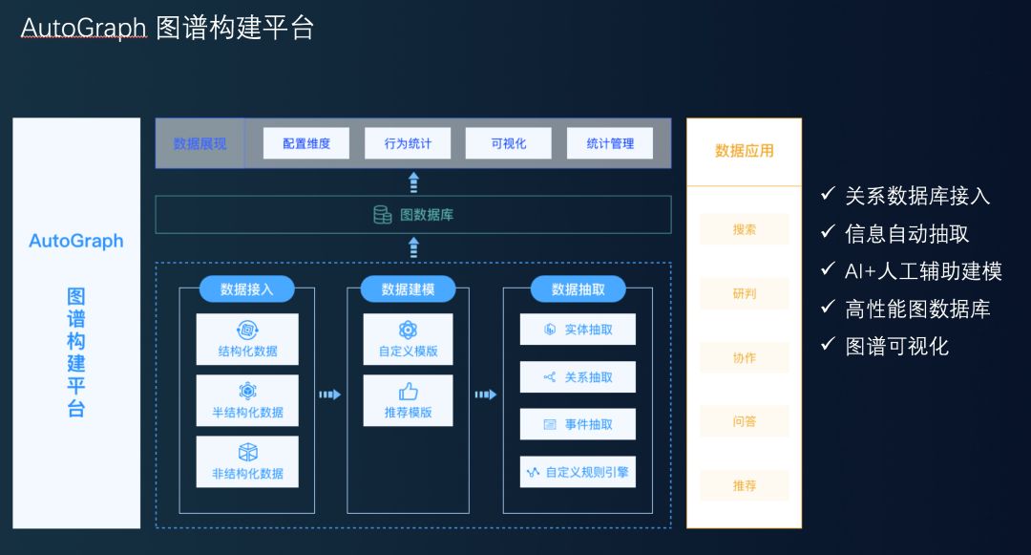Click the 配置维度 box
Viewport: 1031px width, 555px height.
point(306,143)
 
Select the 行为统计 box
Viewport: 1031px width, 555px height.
point(408,143)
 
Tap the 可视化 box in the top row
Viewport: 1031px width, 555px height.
point(509,143)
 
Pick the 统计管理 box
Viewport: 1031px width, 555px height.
point(610,143)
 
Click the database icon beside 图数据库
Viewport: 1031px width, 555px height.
point(383,215)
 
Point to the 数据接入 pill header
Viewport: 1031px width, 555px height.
point(246,289)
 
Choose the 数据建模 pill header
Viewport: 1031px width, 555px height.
point(408,289)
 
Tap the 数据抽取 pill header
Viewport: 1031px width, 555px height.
point(578,289)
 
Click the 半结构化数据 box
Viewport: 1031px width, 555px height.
point(247,401)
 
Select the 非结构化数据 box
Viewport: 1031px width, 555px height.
point(247,462)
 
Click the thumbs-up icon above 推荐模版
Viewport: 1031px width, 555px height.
point(409,392)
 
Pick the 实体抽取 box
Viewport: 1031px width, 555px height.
point(578,330)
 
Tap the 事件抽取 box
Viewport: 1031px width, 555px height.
point(578,424)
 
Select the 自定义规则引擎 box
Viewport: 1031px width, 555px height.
point(578,472)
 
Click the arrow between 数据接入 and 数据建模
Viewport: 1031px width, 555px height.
point(329,395)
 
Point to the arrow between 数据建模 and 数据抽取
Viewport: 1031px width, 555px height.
point(486,395)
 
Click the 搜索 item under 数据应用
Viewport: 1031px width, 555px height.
point(745,229)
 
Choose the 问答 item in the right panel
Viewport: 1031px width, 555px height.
point(745,421)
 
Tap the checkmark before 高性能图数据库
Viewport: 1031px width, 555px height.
point(828,309)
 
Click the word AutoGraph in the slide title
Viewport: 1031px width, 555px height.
point(83,29)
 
